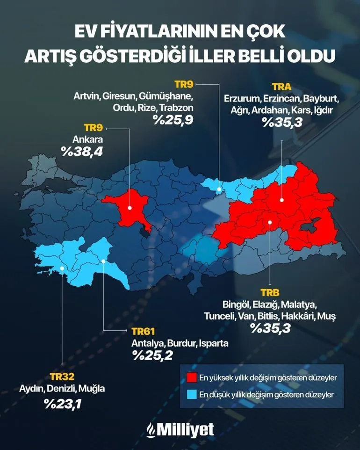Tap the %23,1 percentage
(62, 403)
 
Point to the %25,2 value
(152, 355)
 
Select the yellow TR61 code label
(143, 332)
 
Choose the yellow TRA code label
(281, 87)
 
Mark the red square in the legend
(190, 377)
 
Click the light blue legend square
(190, 394)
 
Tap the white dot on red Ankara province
(130, 207)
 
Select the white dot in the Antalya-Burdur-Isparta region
(103, 261)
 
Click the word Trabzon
(176, 108)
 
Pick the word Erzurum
(242, 99)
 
